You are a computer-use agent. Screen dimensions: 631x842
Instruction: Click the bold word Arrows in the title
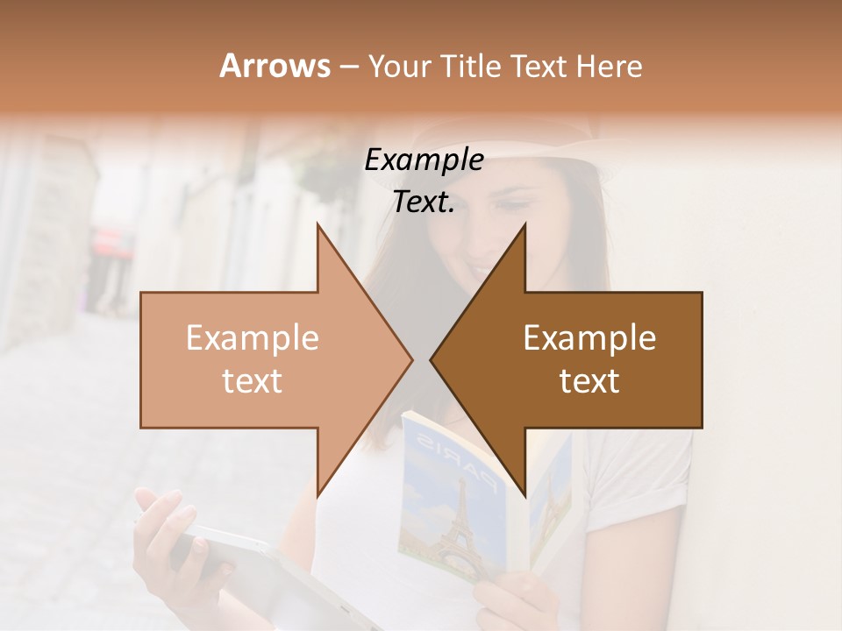pyautogui.click(x=275, y=66)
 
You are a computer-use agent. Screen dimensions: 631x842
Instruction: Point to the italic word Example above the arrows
pyautogui.click(x=424, y=160)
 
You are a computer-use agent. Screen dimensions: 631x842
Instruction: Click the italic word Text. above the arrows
pyautogui.click(x=424, y=202)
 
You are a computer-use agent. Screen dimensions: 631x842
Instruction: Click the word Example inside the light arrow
pyautogui.click(x=253, y=338)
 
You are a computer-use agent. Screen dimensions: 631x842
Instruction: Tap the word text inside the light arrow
pyautogui.click(x=253, y=381)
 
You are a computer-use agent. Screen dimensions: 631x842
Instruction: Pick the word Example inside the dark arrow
pyautogui.click(x=589, y=338)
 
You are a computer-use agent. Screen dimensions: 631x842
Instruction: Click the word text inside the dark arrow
pyautogui.click(x=589, y=381)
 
